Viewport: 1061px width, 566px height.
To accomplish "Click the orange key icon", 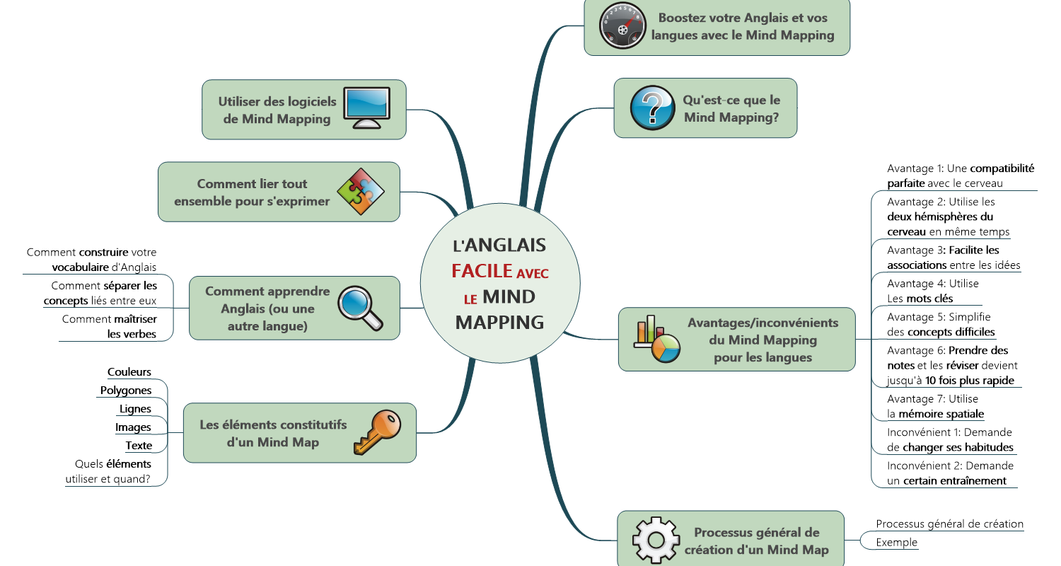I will tap(376, 432).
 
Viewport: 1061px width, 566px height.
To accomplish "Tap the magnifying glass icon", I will tap(360, 308).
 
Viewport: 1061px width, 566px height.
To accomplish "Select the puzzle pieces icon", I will tap(361, 191).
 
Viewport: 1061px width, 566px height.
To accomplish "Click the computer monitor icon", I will tap(366, 108).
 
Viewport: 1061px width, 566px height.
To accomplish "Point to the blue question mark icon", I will tap(651, 108).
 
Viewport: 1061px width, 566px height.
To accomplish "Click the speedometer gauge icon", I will tap(620, 26).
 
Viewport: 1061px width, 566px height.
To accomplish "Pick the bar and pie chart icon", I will tap(657, 340).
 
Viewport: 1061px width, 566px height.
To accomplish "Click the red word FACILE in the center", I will tap(482, 271).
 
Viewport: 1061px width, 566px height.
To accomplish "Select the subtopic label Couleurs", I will tap(129, 372).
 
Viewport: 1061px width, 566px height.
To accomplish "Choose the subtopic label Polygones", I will tap(126, 391).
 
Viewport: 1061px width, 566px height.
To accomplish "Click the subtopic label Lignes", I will tap(135, 409).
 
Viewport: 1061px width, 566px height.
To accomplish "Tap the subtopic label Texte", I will tap(139, 446).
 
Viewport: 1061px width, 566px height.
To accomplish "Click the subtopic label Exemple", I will tap(896, 543).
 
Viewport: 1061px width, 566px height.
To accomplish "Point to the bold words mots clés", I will tap(929, 299).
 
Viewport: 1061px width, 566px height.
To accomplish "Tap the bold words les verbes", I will tap(132, 334).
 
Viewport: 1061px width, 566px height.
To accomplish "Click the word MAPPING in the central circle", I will tap(499, 322).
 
